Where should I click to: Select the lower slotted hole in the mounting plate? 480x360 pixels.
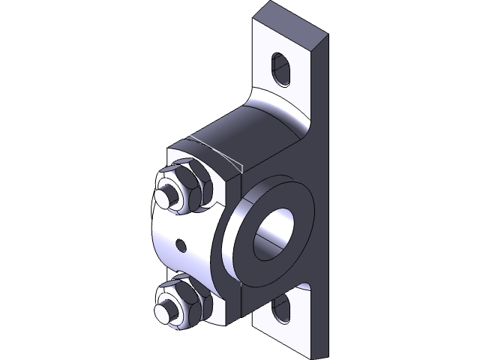282,308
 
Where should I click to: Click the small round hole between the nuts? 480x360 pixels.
180,244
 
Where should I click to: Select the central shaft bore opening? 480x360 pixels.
275,232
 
